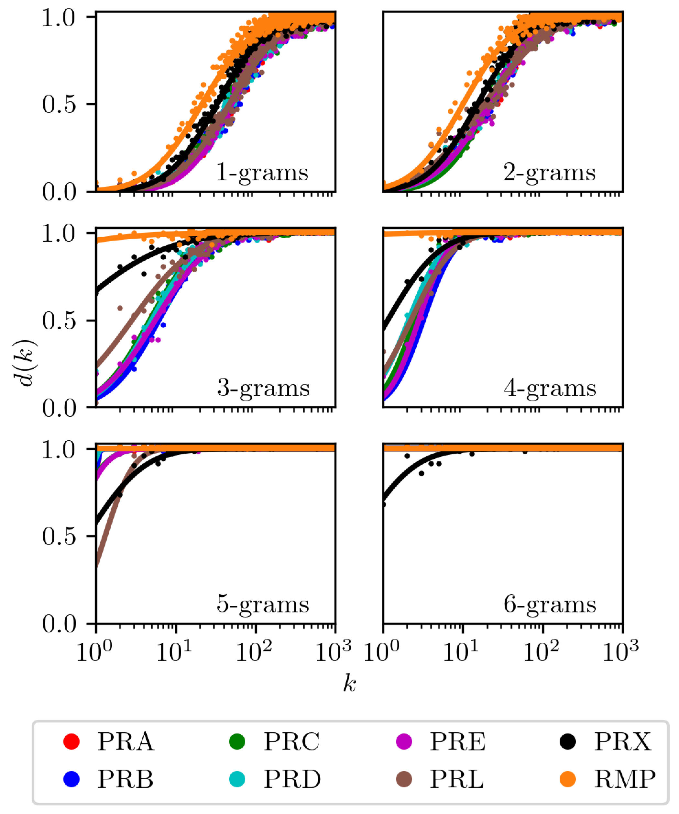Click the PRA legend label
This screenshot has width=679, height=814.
click(x=125, y=742)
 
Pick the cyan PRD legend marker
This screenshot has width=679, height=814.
click(x=237, y=779)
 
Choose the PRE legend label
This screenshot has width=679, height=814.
click(x=457, y=742)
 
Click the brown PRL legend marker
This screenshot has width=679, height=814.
click(x=404, y=779)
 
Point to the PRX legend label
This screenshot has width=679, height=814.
click(x=623, y=742)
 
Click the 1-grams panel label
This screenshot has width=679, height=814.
click(x=262, y=173)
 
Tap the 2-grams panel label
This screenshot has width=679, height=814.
click(x=549, y=173)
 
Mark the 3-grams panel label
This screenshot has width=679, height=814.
click(x=263, y=388)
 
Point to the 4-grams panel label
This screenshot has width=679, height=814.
click(x=550, y=388)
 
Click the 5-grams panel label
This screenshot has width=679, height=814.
click(x=263, y=604)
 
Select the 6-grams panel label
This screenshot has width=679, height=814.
click(x=550, y=604)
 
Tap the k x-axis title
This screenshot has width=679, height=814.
click(x=349, y=684)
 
